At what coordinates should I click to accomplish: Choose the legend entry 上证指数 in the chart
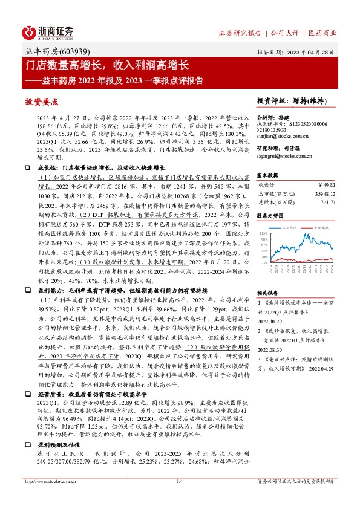coord(322,228)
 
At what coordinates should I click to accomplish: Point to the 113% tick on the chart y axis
coord(264,233)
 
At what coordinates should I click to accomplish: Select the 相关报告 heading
coord(267,291)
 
